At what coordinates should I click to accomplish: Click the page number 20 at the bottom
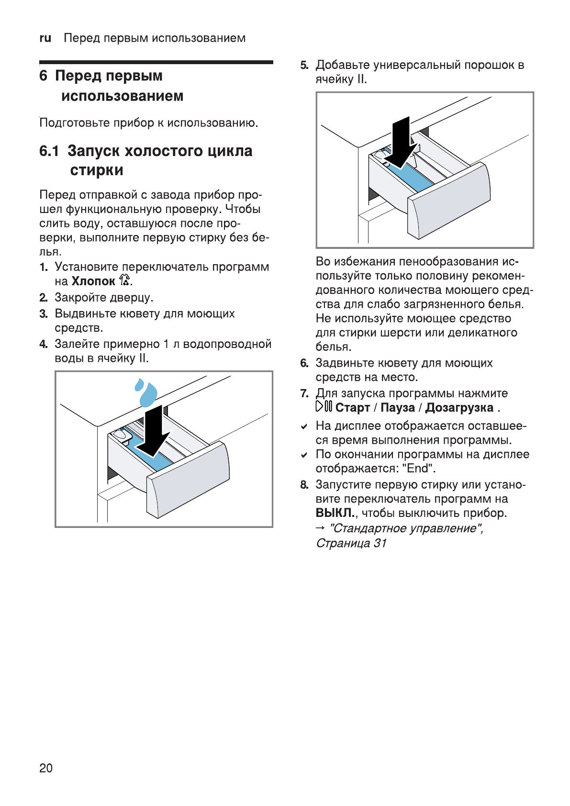point(46,768)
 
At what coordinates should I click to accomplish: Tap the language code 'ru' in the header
point(45,38)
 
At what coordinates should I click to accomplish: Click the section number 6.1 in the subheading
point(49,151)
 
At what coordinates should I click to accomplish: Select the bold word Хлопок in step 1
point(93,281)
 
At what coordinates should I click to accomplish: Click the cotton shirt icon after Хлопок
point(124,280)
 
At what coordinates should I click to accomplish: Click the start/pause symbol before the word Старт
point(324,407)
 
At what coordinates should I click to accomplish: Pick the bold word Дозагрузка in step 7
point(459,408)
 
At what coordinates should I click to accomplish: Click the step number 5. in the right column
point(304,65)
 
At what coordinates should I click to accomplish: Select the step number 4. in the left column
point(44,344)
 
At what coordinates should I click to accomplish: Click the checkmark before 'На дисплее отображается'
point(304,426)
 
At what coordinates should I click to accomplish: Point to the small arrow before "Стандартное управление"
point(320,528)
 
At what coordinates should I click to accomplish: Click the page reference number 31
point(380,543)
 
